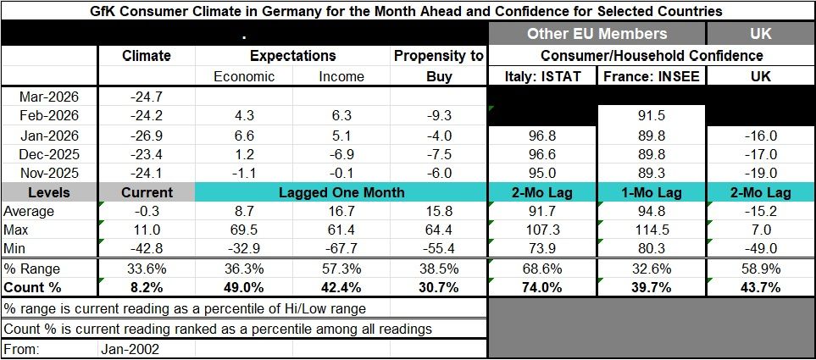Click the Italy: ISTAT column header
[543, 76]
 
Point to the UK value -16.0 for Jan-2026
[760, 136]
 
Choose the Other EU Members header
[597, 34]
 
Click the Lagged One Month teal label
[341, 193]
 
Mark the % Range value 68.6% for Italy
[543, 269]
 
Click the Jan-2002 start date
[130, 348]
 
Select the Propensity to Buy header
[438, 66]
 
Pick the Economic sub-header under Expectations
[244, 76]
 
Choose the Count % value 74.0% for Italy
[543, 287]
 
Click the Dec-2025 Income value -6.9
[341, 154]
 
